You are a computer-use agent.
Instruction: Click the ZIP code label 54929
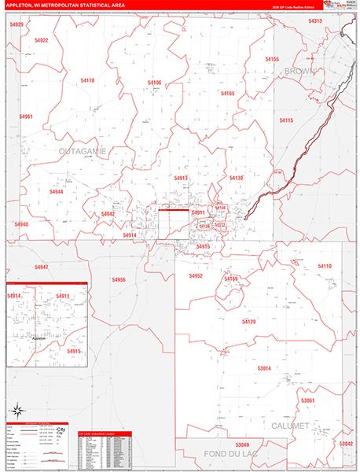17,25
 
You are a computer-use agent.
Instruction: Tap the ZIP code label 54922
42,40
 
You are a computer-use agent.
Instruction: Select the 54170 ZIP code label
87,80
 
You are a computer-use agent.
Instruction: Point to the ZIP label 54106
154,83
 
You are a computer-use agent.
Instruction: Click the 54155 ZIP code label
272,59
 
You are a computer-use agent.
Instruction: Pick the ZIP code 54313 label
315,21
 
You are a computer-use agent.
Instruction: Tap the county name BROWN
300,71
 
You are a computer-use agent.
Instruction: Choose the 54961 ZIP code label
26,116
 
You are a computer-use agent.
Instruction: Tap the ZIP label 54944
56,192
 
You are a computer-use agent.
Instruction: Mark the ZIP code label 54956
119,279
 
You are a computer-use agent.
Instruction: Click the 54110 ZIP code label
325,267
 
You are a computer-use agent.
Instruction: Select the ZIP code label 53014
263,368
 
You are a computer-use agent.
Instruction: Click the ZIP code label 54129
248,322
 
